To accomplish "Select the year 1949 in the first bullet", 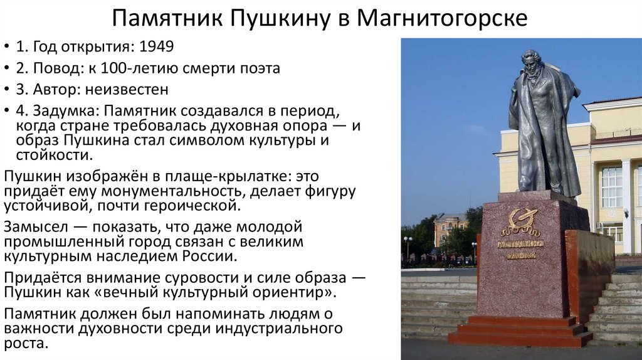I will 156,47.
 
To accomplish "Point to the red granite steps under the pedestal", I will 520,331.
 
